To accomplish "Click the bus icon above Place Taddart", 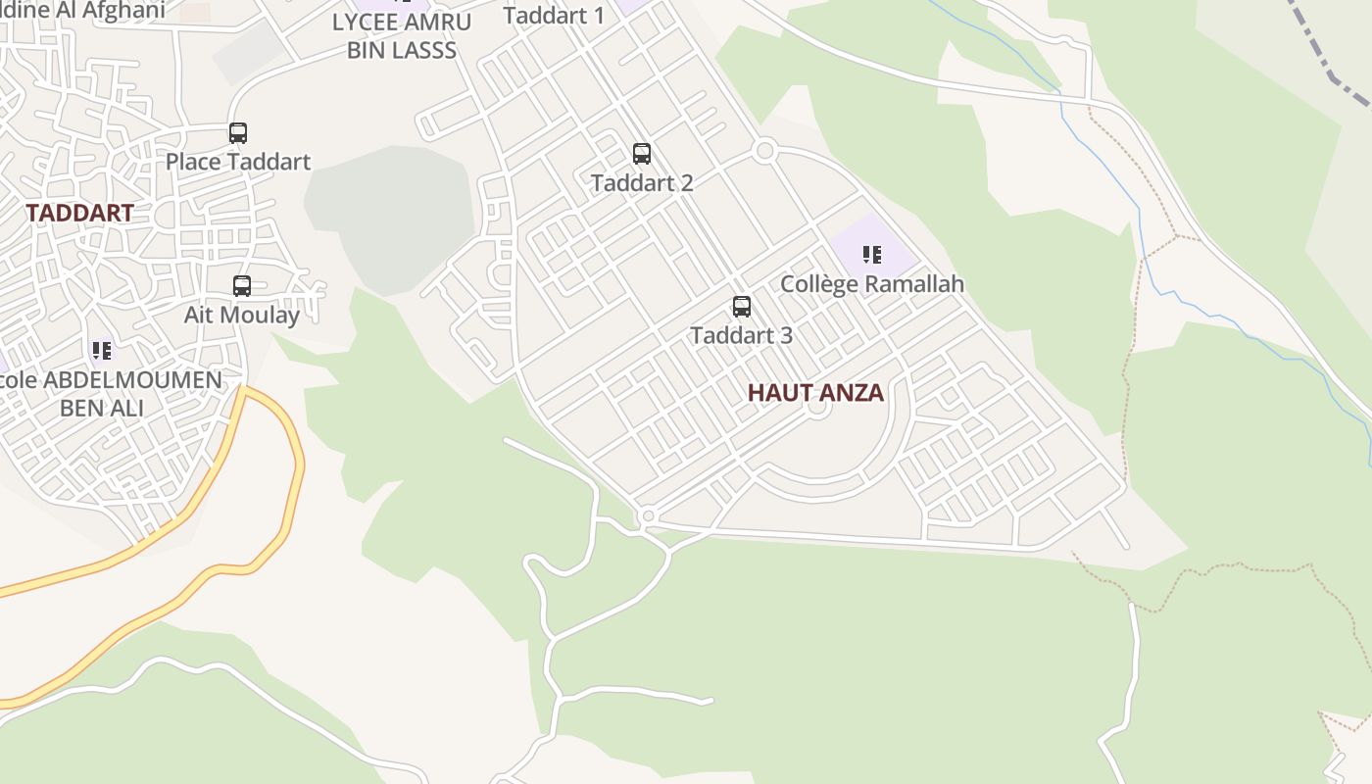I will click(x=238, y=133).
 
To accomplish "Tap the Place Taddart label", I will click(x=238, y=162).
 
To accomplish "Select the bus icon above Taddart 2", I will click(x=642, y=154).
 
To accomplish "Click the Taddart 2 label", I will click(x=642, y=182).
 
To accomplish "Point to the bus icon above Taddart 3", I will click(x=742, y=307).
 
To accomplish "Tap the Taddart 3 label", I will click(x=741, y=335).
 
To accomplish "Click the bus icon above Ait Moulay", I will click(x=242, y=286).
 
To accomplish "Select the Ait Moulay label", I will click(x=242, y=315).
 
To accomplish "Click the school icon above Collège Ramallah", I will click(x=872, y=256).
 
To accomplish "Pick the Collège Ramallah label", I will click(x=872, y=284).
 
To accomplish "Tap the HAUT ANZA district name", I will click(x=815, y=393).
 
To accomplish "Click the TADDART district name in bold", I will click(x=79, y=213).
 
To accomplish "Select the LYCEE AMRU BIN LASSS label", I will click(x=402, y=35).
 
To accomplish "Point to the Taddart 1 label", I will click(x=554, y=15).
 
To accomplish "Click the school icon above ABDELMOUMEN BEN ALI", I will click(x=102, y=350).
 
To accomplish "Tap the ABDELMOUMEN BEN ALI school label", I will click(x=108, y=393).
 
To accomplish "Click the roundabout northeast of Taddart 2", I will click(x=765, y=151).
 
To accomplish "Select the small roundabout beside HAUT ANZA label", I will click(x=818, y=409).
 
